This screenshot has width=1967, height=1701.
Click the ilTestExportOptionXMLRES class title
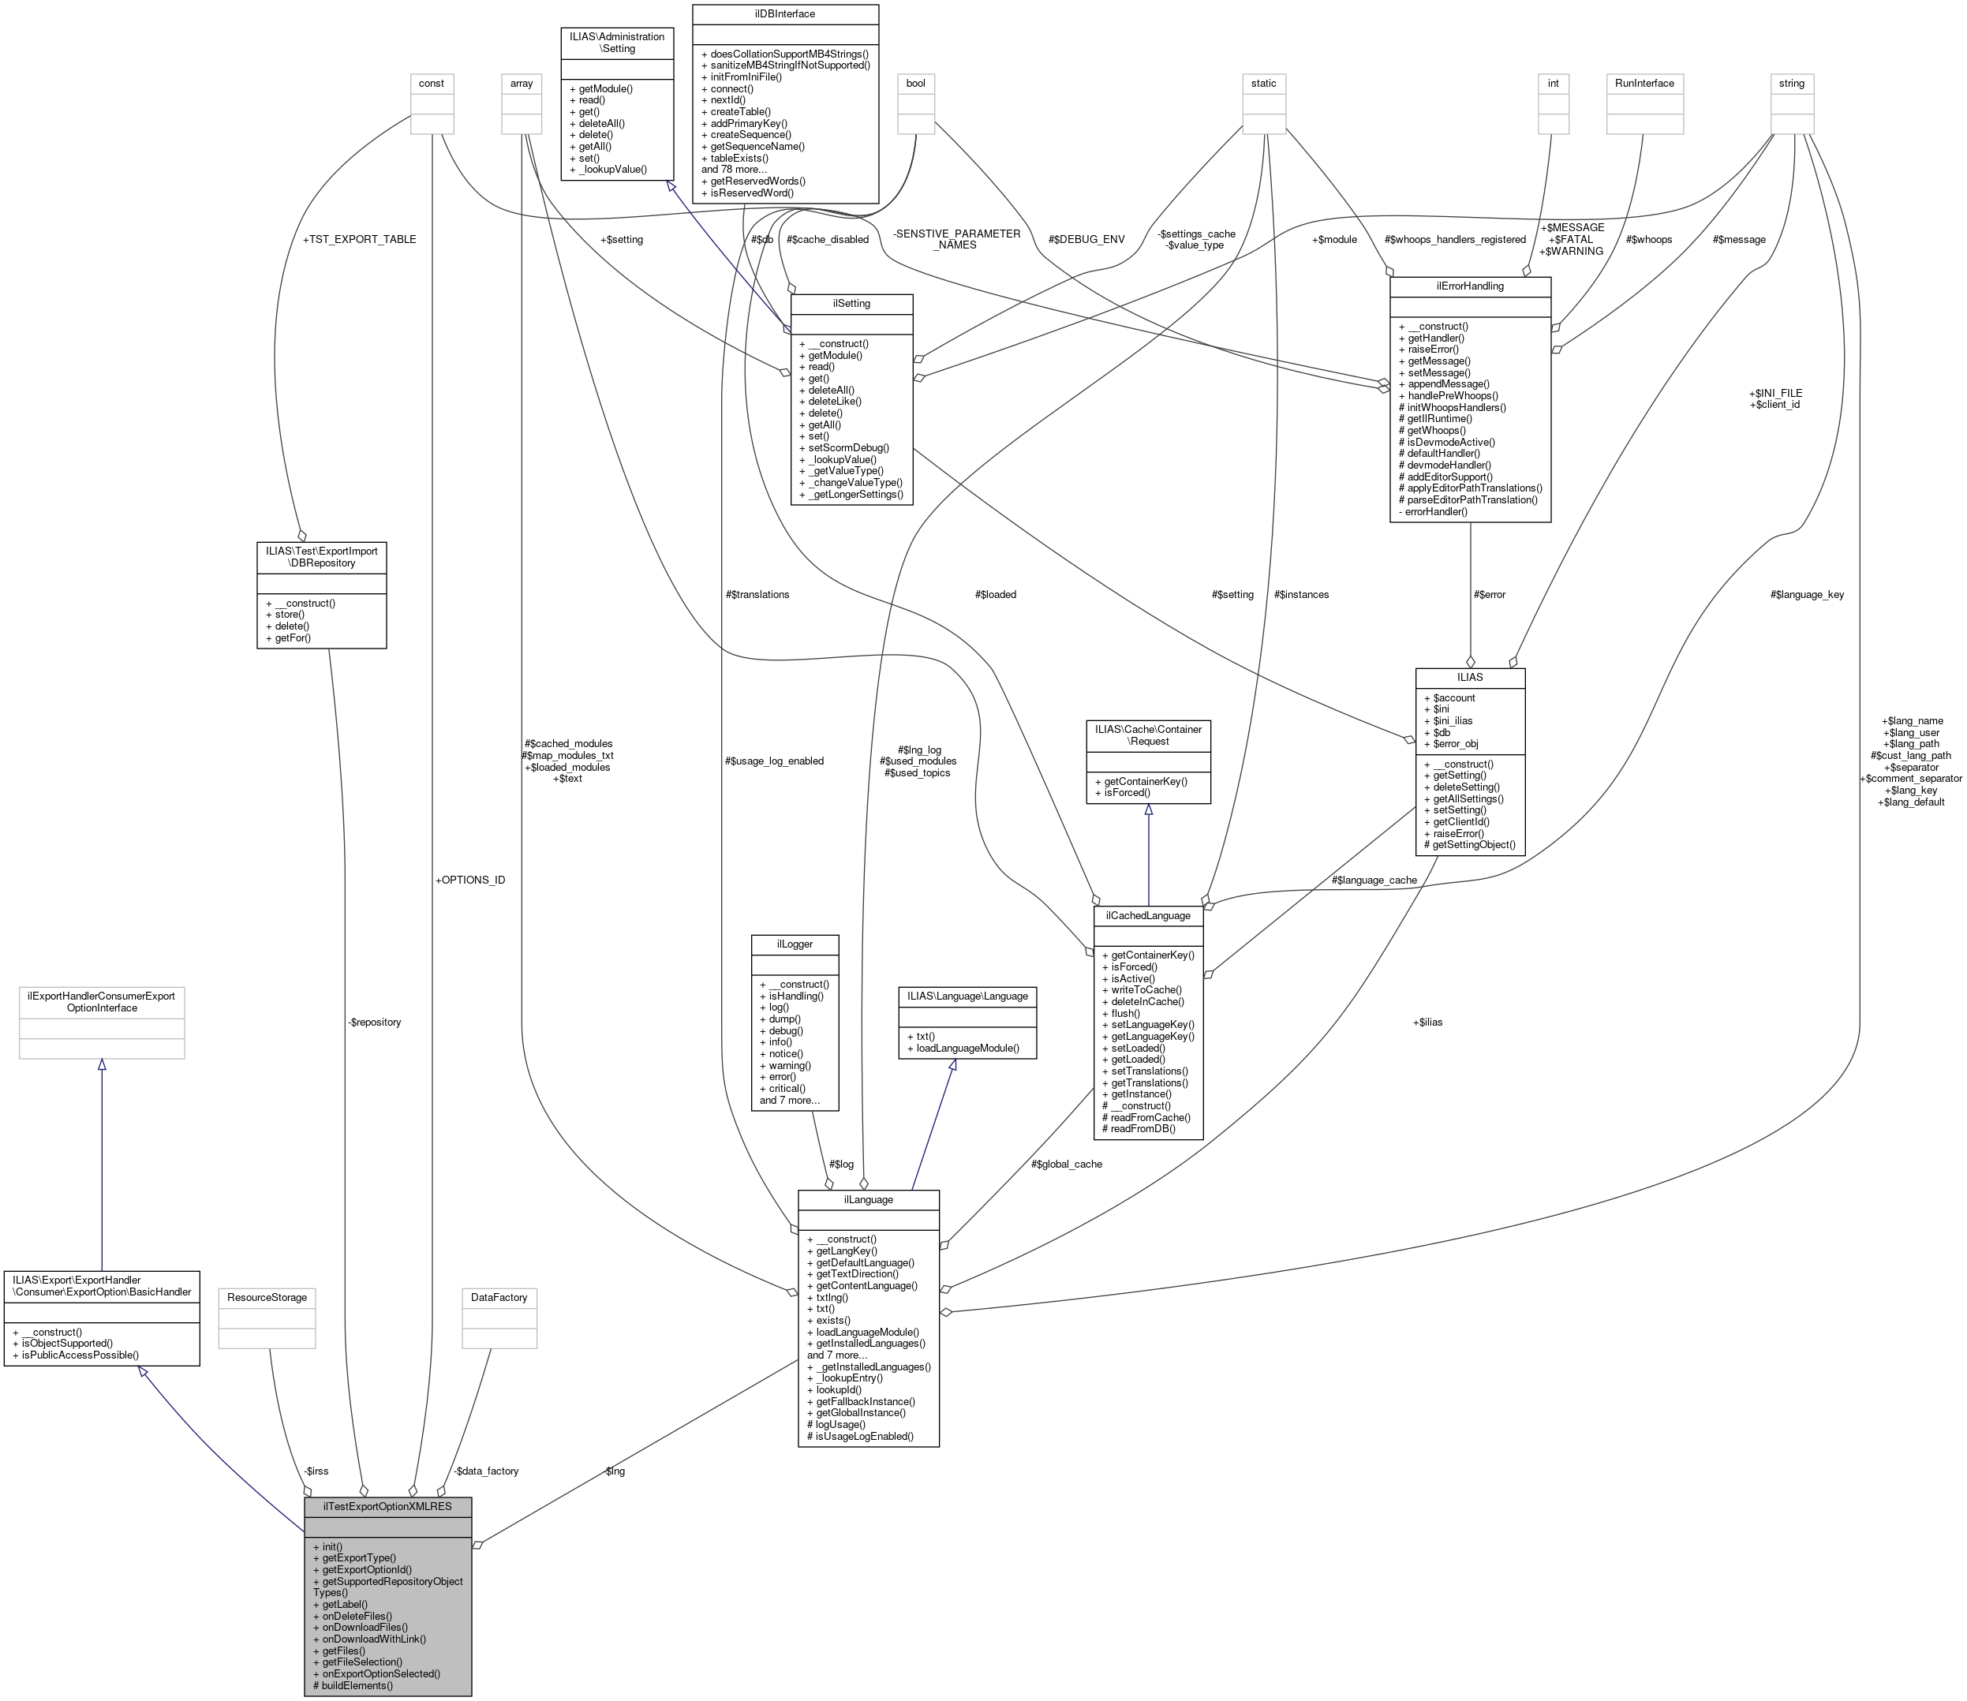tap(387, 1506)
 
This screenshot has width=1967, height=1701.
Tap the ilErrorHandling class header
tap(1470, 286)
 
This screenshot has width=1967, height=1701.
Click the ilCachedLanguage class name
tap(1148, 916)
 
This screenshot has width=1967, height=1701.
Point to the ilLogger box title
tap(795, 944)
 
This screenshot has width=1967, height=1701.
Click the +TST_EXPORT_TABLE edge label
tap(359, 239)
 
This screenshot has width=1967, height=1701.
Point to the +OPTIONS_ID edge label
tap(470, 880)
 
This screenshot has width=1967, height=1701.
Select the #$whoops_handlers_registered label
tap(1454, 239)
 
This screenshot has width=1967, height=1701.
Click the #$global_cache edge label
tap(1066, 1164)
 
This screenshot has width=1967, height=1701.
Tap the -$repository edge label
tap(374, 1022)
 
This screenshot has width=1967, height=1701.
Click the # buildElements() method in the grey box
tap(352, 1686)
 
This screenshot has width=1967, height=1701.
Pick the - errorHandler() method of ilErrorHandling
tap(1433, 511)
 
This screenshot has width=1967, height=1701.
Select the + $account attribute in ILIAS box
tap(1449, 697)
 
